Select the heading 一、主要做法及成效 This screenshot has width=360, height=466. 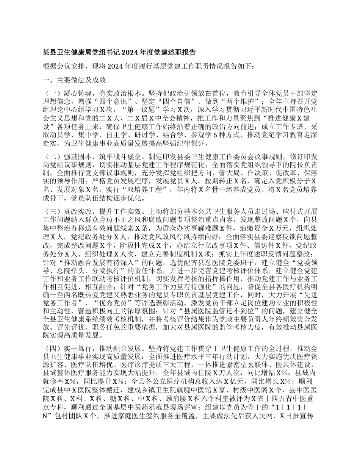[74, 80]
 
